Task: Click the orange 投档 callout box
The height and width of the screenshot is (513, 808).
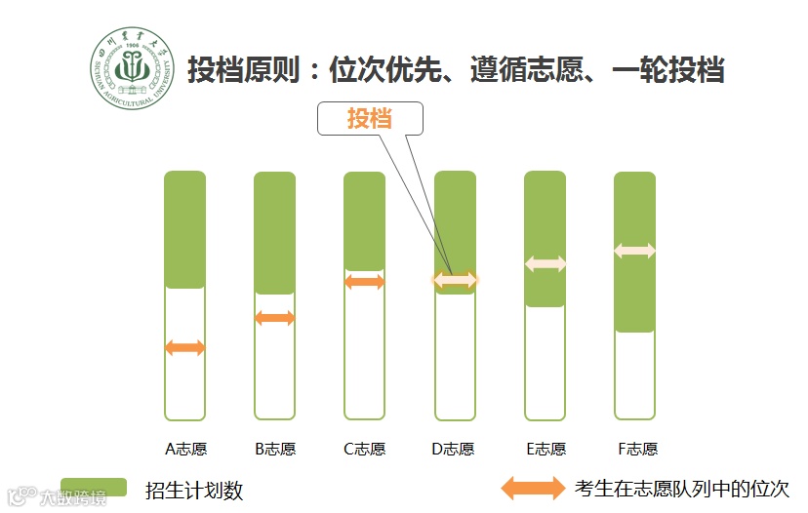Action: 370,118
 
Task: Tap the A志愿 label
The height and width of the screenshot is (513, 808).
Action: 185,450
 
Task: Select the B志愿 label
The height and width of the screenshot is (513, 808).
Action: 275,450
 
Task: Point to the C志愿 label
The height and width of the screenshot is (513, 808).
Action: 365,450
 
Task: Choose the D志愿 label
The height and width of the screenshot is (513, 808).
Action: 454,450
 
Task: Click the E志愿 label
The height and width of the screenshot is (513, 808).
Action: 545,450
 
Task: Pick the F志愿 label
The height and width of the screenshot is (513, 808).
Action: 637,450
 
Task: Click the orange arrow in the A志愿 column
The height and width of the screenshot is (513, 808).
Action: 184,347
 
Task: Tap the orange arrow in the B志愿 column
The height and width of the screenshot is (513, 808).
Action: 274,318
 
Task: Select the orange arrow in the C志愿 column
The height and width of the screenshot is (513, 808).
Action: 365,282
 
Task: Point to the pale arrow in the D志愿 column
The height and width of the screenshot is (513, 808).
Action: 455,280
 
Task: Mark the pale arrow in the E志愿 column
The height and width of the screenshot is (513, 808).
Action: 545,263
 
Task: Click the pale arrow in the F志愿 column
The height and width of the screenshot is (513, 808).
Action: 634,252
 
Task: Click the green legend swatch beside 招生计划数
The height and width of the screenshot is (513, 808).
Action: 94,488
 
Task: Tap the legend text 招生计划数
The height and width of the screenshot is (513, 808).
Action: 193,490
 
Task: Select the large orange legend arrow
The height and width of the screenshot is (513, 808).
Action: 533,488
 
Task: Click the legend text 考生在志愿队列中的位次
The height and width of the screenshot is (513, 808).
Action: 682,489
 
